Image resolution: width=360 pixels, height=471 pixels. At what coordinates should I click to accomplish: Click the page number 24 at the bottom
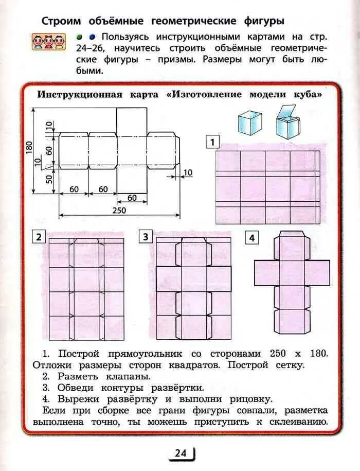pyautogui.click(x=180, y=453)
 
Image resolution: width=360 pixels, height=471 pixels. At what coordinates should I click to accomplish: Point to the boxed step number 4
pyautogui.click(x=251, y=238)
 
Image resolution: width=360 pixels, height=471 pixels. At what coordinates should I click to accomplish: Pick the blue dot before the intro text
pyautogui.click(x=92, y=37)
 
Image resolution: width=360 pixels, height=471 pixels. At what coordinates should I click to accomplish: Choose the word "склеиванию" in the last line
pyautogui.click(x=296, y=422)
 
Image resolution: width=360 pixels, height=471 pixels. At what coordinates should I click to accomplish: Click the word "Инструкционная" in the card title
pyautogui.click(x=80, y=95)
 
